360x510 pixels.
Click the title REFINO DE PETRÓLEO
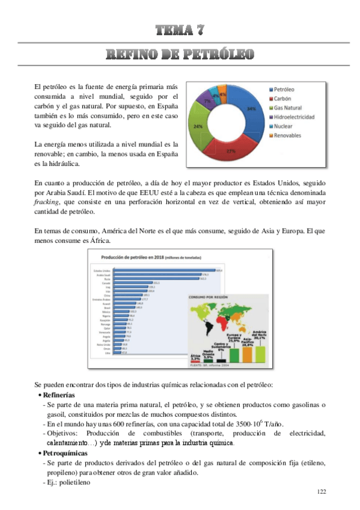tap(180, 55)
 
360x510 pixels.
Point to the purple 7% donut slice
tap(207, 101)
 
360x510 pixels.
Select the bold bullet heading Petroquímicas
tap(63, 452)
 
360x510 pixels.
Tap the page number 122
tap(322, 492)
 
